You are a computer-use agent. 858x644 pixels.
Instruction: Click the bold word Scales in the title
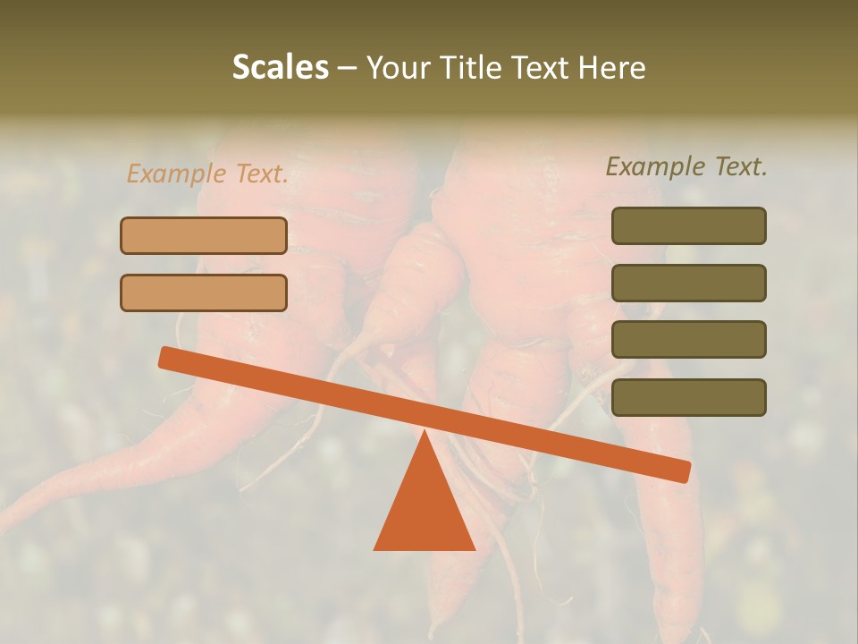coord(280,68)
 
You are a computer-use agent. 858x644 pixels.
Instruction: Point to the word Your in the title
coord(396,68)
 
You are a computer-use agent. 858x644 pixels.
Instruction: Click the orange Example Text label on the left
coord(207,174)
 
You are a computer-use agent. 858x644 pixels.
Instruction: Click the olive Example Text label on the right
coord(686,166)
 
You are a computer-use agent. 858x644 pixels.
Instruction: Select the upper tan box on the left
coord(204,235)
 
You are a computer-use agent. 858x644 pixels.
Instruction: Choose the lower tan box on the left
coord(204,292)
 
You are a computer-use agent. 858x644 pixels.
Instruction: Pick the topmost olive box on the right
coord(688,225)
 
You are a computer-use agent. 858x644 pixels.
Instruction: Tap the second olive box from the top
coord(688,283)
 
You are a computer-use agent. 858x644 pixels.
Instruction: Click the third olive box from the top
coord(688,339)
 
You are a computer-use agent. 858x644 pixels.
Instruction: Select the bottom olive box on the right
coord(688,397)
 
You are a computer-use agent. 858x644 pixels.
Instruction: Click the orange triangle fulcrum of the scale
coord(425,510)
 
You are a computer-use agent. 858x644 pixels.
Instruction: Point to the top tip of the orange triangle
coord(425,432)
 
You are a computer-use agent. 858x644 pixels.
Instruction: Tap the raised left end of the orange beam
coord(166,358)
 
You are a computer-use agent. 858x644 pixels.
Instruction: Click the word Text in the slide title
coord(535,68)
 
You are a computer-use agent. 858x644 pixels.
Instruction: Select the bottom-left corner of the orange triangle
coord(375,548)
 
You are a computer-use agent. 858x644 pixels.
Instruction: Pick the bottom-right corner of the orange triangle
coord(474,548)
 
